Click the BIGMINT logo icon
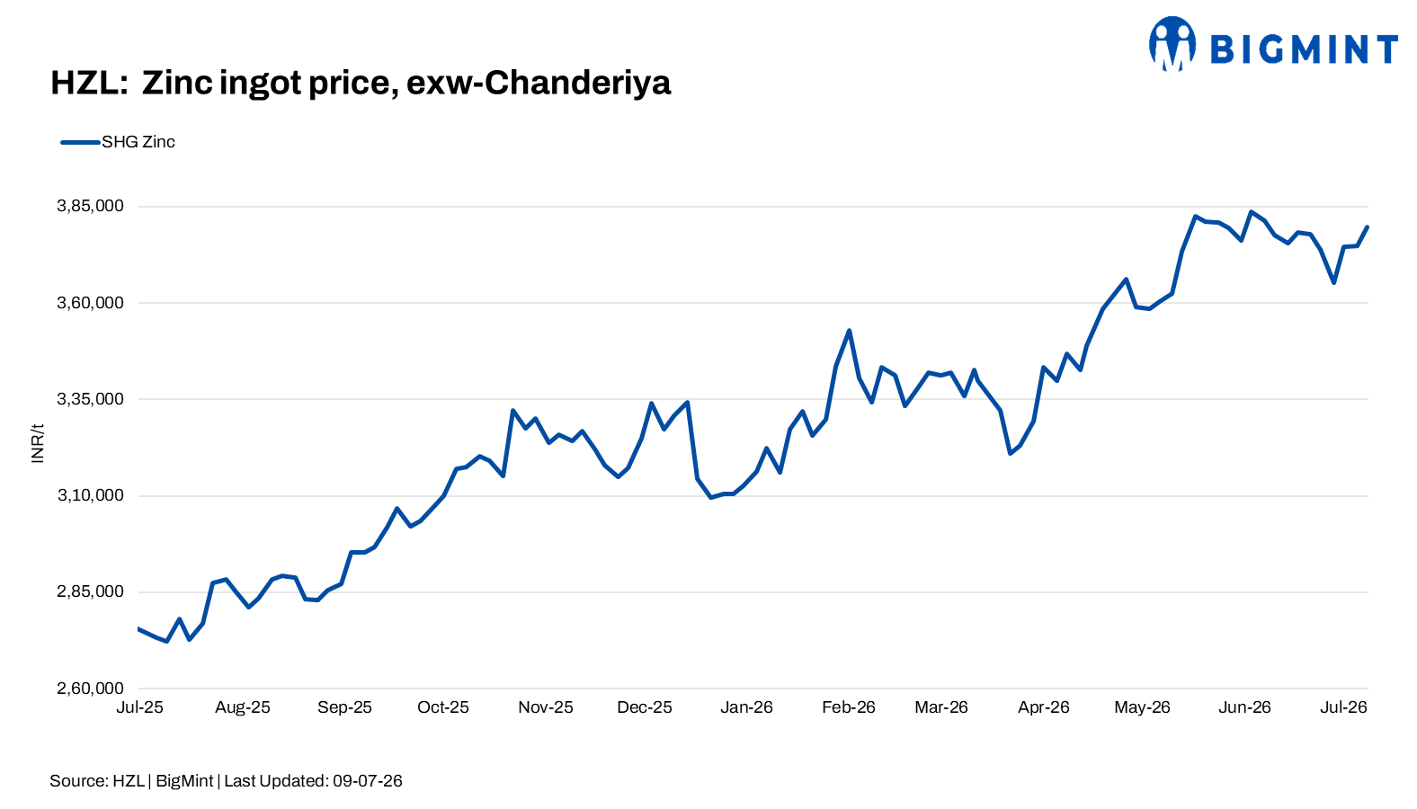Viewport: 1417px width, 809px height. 1172,44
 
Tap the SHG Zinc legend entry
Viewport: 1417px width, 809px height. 118,142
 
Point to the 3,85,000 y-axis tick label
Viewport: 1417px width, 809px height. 91,206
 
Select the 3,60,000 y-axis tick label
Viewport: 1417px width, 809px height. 91,303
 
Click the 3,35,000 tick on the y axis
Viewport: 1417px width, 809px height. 91,399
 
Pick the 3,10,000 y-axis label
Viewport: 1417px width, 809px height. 91,495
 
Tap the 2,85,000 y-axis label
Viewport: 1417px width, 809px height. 91,592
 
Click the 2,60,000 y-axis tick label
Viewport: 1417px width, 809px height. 91,689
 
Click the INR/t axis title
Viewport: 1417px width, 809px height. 38,443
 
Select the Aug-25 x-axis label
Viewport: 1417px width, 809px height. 242,707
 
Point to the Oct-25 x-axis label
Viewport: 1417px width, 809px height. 442,707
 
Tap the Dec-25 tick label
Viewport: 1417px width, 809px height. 645,707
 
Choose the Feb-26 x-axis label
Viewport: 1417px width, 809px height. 848,707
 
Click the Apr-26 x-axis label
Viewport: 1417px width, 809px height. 1043,707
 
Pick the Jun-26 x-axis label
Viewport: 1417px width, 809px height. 1244,707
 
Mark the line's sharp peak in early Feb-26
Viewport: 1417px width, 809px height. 849,330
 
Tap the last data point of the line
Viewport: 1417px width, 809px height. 1367,227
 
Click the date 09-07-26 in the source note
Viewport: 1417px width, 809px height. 368,781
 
